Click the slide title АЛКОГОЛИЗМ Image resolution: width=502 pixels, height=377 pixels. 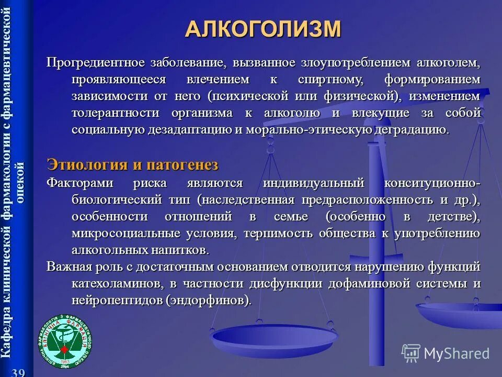[263, 28]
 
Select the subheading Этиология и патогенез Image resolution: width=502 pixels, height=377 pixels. [132, 164]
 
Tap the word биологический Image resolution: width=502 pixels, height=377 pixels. [117, 199]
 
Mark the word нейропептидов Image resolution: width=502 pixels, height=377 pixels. [118, 300]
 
